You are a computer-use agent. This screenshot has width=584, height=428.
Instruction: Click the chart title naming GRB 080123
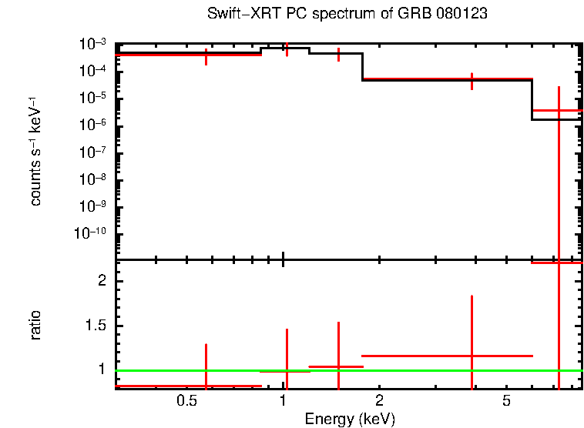tap(347, 15)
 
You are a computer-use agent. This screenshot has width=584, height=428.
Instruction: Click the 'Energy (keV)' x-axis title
tap(350, 419)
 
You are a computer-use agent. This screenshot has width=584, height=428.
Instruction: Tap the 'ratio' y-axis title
tap(35, 325)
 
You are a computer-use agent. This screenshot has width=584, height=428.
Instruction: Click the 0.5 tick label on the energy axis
tap(186, 401)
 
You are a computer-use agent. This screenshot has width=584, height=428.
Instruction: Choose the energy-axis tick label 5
tap(506, 401)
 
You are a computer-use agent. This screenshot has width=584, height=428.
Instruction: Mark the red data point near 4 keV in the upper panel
tap(472, 79)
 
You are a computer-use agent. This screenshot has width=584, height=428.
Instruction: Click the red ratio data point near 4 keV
tap(472, 356)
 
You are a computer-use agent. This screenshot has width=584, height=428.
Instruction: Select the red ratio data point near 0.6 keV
tap(206, 386)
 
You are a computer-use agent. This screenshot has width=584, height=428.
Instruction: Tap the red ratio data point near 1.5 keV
tap(338, 366)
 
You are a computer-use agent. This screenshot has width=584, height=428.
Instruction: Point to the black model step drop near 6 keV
tap(532, 99)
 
